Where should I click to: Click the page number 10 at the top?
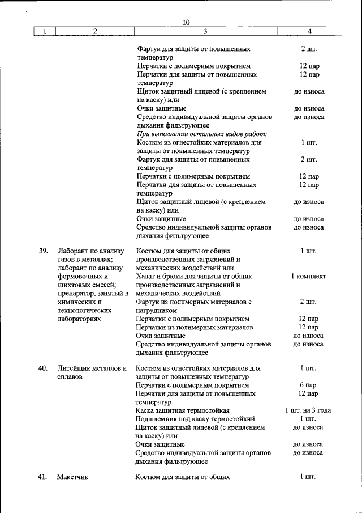(x=186, y=22)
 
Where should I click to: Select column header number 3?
(x=205, y=31)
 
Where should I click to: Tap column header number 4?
(x=309, y=31)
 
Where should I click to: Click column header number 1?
(x=44, y=31)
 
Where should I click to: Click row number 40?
(x=43, y=368)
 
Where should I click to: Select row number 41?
(x=43, y=477)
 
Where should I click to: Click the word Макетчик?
(x=72, y=477)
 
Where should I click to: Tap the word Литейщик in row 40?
(x=72, y=368)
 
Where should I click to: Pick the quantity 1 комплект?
(x=308, y=277)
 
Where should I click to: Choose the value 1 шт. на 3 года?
(x=308, y=410)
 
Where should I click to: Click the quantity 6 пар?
(x=308, y=385)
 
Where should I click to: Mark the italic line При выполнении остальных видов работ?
(x=201, y=134)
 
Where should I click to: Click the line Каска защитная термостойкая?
(x=182, y=410)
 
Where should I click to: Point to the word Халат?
(x=146, y=277)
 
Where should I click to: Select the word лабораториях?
(x=79, y=319)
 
